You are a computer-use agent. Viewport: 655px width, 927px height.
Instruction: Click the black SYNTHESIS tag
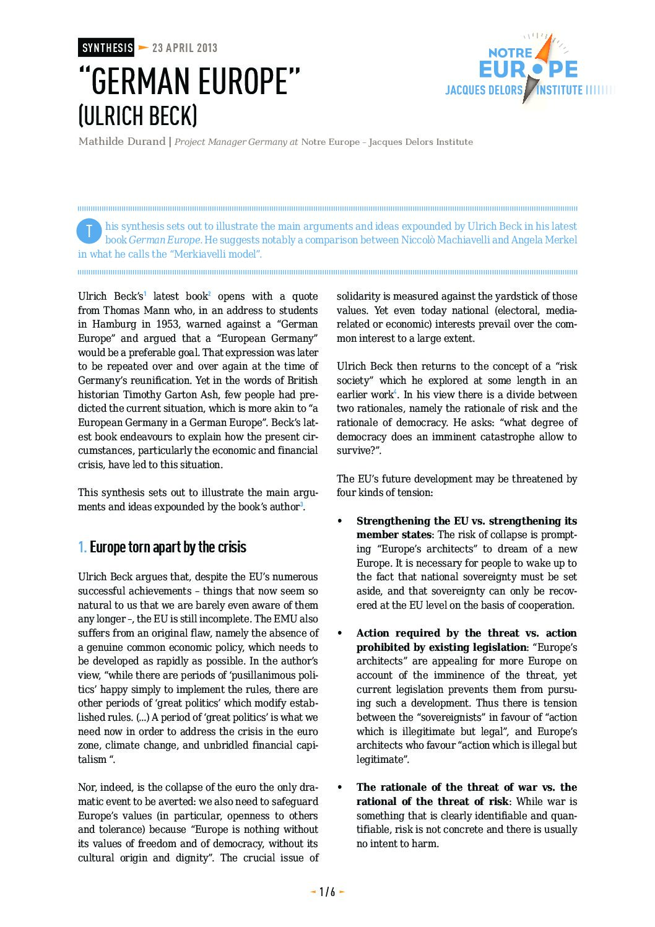pos(106,48)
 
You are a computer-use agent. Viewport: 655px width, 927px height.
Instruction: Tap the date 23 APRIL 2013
pos(184,48)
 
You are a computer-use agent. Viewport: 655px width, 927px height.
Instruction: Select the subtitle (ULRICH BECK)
pos(137,116)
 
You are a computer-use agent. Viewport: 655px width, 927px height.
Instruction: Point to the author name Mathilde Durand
pos(122,142)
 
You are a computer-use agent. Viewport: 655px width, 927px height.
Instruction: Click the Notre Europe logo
pos(527,68)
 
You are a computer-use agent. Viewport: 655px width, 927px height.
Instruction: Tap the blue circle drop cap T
pos(89,231)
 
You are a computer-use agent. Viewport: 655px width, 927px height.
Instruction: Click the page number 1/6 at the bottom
pos(327,892)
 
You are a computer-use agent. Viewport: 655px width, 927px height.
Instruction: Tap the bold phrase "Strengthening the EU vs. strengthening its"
pos(466,521)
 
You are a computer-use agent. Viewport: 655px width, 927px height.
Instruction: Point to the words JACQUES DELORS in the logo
pos(484,90)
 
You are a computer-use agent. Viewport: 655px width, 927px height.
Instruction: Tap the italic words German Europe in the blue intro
pos(165,240)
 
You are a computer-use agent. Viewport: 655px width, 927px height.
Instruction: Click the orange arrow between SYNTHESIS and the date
pos(143,48)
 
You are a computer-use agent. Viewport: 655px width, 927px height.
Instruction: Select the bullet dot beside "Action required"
pos(339,633)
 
